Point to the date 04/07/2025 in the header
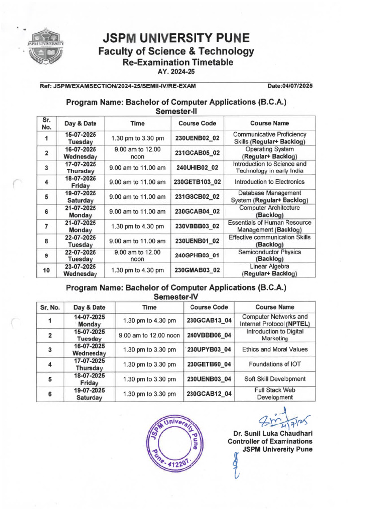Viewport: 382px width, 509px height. [x=290, y=86]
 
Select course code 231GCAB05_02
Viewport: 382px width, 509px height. [x=197, y=153]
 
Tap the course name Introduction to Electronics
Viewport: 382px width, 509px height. [x=270, y=182]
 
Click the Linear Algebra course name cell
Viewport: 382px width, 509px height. [x=269, y=270]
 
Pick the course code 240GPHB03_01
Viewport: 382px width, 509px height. [x=197, y=255]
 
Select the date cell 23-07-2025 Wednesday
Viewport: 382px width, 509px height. [x=80, y=270]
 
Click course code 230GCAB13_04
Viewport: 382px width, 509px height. [x=209, y=320]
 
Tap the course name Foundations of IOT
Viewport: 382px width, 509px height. [x=275, y=364]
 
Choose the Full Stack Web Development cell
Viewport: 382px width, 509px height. [x=275, y=394]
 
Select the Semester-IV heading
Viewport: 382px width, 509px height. [x=176, y=297]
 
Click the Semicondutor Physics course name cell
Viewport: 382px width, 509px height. [x=269, y=255]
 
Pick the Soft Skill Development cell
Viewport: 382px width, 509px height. [x=275, y=379]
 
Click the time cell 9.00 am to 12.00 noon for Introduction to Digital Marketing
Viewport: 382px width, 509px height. [x=149, y=335]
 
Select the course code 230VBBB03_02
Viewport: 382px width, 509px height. [x=197, y=226]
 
